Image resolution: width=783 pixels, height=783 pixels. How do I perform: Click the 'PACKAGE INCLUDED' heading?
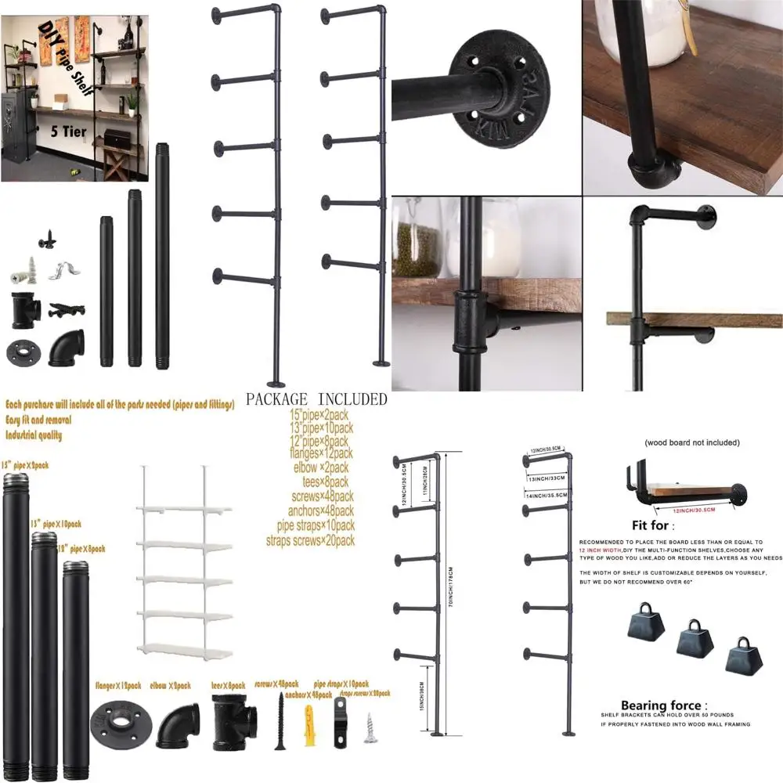click(316, 399)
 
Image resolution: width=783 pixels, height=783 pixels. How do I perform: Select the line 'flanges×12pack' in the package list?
click(321, 453)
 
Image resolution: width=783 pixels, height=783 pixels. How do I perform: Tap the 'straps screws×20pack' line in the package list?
click(321, 540)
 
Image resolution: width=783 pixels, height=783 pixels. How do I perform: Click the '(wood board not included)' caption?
click(691, 442)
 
